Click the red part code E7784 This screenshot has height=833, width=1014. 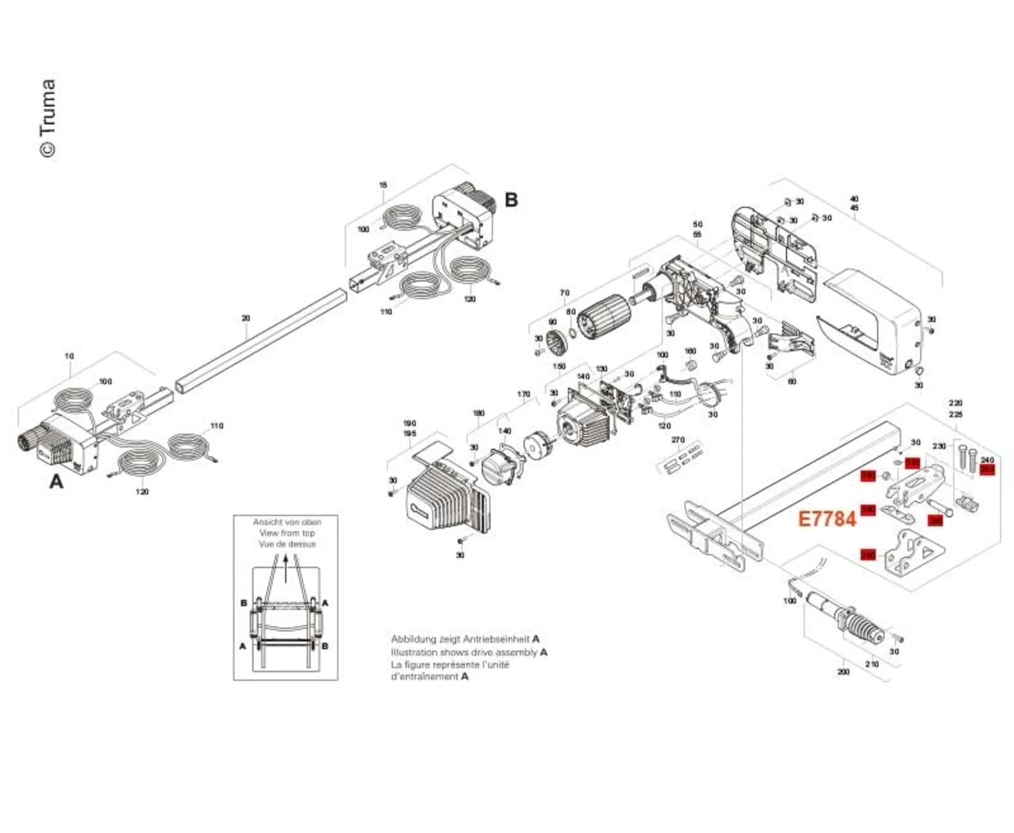click(x=827, y=519)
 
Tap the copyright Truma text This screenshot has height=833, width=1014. click(x=48, y=118)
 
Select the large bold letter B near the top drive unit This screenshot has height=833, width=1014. click(x=511, y=200)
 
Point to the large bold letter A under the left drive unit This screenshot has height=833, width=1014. click(x=56, y=481)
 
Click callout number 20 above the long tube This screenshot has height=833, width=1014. click(x=246, y=318)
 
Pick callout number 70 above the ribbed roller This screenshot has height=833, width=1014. click(x=565, y=293)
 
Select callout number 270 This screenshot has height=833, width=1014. click(x=678, y=439)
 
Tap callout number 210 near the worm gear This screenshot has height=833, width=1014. click(x=871, y=664)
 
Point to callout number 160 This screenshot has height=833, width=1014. click(x=690, y=351)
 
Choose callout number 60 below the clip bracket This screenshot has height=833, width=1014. click(x=792, y=381)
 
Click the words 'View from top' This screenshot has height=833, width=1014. click(x=287, y=533)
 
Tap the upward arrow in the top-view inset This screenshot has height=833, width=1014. click(x=286, y=568)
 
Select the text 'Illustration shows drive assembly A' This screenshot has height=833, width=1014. click(x=469, y=652)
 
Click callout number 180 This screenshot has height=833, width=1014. click(x=478, y=413)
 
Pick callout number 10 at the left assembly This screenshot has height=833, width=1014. click(x=69, y=356)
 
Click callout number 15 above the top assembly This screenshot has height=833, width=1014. click(x=383, y=185)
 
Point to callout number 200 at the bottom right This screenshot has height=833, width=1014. click(x=843, y=672)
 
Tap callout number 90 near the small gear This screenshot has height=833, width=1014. click(x=552, y=322)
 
